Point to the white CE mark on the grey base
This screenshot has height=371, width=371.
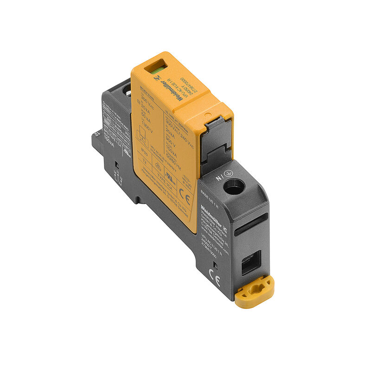click(215, 276)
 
